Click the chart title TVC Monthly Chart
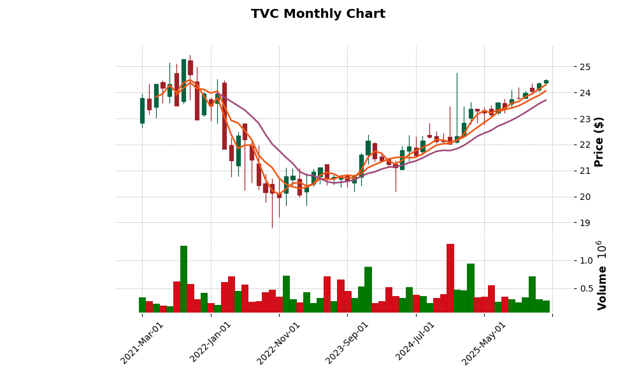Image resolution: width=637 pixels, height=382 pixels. pos(318,14)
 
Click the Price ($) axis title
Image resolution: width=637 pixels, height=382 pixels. pos(599,141)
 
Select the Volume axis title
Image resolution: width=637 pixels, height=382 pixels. pos(602,275)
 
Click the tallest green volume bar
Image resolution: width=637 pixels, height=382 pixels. pos(183,279)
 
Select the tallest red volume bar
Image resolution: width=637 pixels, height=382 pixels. pos(450,278)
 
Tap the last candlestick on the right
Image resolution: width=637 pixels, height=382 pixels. pos(546,81)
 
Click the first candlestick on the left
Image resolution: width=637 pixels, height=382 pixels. pos(142,110)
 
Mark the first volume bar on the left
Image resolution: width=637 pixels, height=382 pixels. pos(142,305)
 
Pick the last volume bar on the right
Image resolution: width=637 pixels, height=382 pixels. pos(546,306)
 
